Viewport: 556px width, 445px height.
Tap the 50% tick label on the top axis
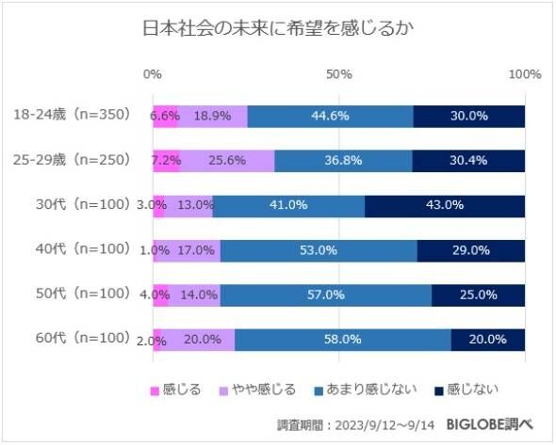tap(338, 73)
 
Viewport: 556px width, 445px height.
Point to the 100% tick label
tap(524, 73)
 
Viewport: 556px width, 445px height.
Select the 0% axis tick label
tap(152, 73)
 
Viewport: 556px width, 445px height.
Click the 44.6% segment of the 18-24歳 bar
tap(331, 116)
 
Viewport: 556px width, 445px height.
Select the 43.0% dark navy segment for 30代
tap(445, 204)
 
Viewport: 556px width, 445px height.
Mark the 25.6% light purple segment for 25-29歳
tap(227, 160)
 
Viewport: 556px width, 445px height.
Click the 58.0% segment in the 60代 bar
tap(342, 339)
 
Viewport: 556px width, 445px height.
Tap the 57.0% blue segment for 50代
tap(326, 294)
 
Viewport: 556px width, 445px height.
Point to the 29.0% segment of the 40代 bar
tap(470, 250)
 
